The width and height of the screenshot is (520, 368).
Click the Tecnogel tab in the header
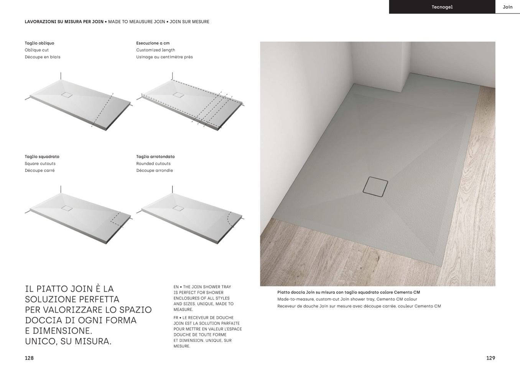(442, 7)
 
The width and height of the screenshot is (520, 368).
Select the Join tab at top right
(507, 7)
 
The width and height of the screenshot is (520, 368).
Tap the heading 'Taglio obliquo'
(39, 43)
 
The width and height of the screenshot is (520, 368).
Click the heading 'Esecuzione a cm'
(153, 43)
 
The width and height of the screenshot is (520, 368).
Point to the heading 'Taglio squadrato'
(42, 157)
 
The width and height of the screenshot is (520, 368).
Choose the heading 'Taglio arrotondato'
(155, 157)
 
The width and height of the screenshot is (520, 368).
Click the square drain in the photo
(375, 187)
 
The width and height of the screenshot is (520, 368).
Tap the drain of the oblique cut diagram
(67, 94)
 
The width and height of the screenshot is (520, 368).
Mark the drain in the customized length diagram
(178, 94)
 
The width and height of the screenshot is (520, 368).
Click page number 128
(29, 358)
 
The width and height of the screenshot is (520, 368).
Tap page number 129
(490, 358)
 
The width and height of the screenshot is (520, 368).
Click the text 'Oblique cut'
(37, 50)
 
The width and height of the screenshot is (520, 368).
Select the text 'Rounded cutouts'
(153, 163)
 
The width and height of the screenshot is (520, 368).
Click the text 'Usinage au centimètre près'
(165, 57)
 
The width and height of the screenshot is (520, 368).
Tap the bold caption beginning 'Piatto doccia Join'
(349, 292)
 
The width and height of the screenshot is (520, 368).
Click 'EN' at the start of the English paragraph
(176, 287)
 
